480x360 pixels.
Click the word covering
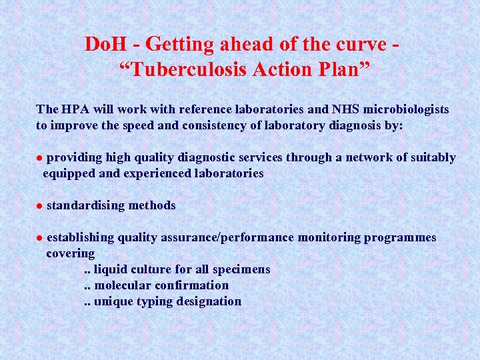point(70,254)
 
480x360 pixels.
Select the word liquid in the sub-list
point(109,270)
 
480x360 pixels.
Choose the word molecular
point(123,286)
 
